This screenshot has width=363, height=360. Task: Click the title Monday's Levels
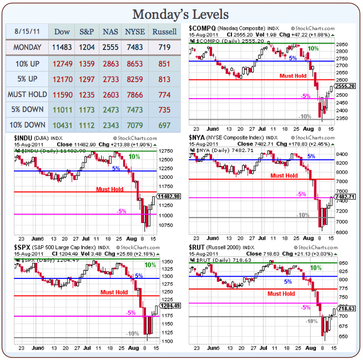click(181, 13)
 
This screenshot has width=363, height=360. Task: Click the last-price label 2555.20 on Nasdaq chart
click(345, 87)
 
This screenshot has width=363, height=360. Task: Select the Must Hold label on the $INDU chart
click(109, 189)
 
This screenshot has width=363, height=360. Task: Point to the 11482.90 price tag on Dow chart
click(168, 196)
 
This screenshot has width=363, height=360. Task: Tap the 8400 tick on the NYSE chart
click(341, 155)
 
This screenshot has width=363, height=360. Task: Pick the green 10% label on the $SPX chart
click(150, 265)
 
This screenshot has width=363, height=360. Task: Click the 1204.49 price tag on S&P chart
click(169, 305)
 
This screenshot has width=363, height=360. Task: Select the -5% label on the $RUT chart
click(305, 307)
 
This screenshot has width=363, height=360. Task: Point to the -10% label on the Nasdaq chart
click(305, 116)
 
